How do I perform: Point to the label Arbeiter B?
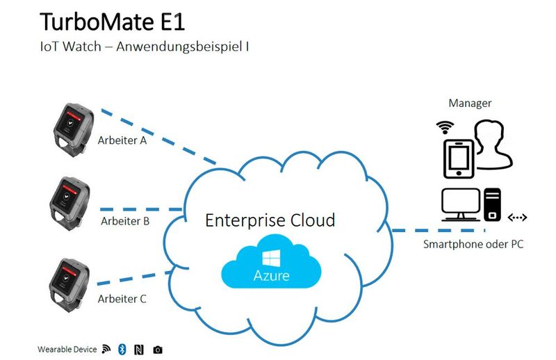coord(125,222)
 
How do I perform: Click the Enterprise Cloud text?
coord(270,220)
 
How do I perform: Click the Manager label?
coord(470,104)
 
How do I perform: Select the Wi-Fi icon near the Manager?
coord(445,127)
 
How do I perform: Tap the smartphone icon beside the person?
coord(458,158)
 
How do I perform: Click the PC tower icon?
coord(492,204)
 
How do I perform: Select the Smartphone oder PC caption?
coord(474,245)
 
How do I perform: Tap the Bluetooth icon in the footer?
coord(121,349)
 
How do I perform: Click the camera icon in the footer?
coord(158,349)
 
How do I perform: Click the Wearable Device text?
coord(67,349)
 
